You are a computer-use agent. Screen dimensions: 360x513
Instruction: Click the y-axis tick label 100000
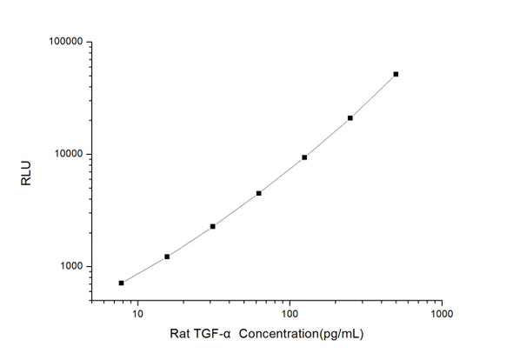63,42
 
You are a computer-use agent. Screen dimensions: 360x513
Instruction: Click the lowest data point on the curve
122,283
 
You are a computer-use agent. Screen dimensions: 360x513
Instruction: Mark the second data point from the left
167,257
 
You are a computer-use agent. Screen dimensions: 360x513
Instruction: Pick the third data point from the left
213,226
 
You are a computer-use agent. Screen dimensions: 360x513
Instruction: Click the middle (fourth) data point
259,193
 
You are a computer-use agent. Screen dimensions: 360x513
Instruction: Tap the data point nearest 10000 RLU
304,157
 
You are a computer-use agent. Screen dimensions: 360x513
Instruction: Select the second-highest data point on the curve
350,118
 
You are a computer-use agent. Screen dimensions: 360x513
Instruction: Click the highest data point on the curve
396,74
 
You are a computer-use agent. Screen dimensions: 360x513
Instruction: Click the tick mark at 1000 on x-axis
441,299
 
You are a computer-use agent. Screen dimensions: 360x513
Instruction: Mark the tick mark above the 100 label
289,299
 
